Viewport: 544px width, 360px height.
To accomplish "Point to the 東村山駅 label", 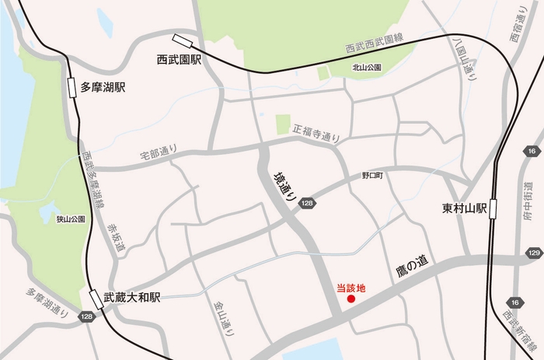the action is click(x=465, y=208).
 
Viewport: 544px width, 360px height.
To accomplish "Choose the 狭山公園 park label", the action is click(x=70, y=220).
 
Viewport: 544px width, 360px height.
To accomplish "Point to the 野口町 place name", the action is click(x=372, y=177).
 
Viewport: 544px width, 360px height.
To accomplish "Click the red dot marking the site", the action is click(x=350, y=299).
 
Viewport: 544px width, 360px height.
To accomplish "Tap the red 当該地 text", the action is click(x=350, y=287).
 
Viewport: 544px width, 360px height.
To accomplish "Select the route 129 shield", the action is click(x=534, y=253).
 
